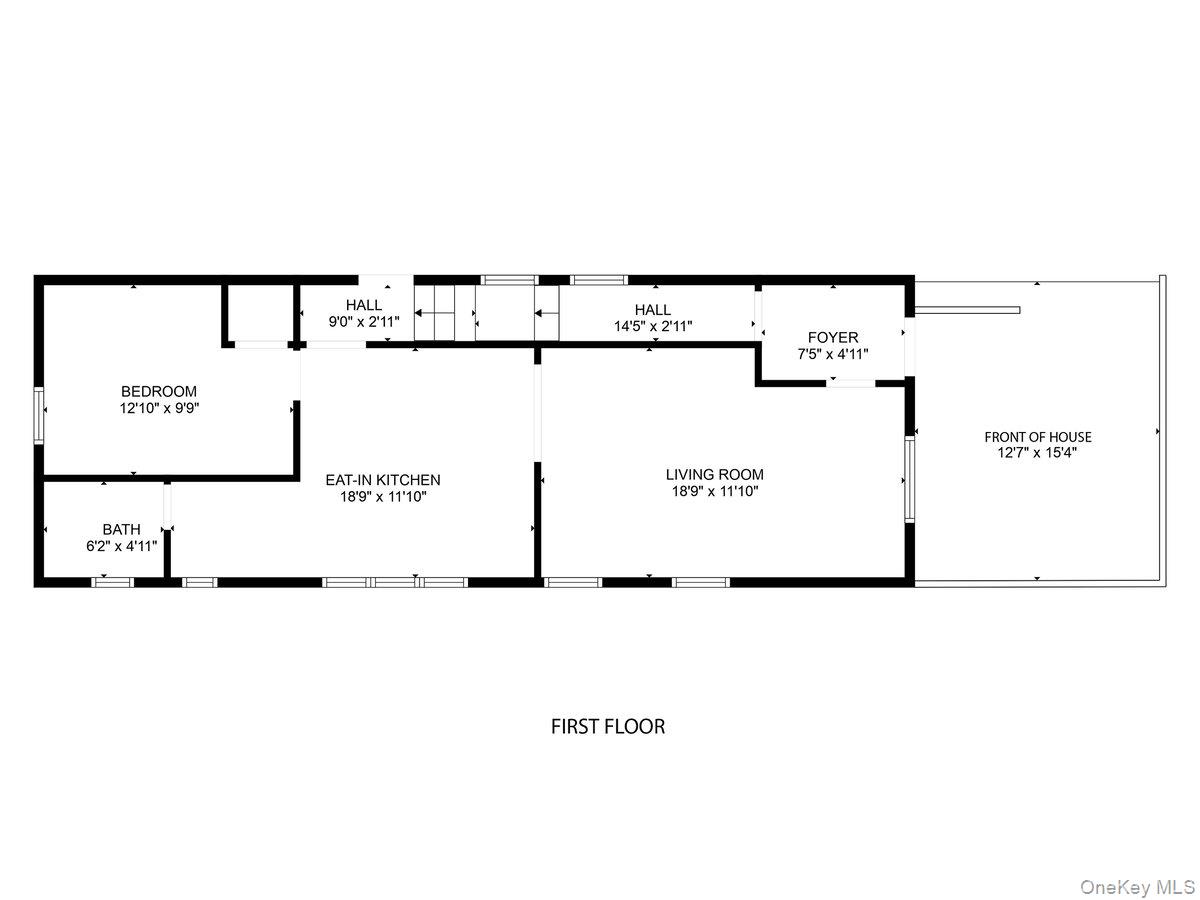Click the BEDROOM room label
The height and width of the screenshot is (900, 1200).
point(159,391)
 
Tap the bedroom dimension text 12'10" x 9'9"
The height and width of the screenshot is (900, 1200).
point(159,408)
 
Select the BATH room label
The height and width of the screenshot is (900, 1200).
point(121,529)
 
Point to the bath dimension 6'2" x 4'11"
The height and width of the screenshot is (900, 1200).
point(121,546)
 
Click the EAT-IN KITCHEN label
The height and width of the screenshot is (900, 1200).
point(383,480)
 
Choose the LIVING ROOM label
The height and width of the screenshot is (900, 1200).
point(715,474)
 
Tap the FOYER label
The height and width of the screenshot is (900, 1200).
point(833,338)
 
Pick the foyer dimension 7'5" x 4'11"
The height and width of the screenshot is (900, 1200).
point(833,354)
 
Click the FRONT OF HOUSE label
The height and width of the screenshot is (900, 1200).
point(1038,437)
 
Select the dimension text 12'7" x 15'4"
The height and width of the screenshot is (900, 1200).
point(1038,453)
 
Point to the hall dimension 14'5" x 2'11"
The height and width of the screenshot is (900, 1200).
point(653,326)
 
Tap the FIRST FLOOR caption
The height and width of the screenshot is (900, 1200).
point(608,727)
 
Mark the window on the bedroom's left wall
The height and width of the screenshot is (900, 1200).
point(39,415)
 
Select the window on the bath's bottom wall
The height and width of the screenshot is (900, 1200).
point(112,581)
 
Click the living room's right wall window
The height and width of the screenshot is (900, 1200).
point(909,480)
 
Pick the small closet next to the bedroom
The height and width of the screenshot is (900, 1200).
point(259,313)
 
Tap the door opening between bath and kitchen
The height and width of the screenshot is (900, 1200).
point(168,506)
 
